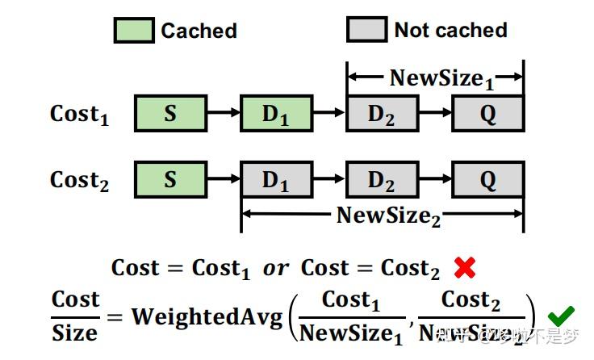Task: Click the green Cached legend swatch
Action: [x=132, y=31]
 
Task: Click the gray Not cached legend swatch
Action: [x=366, y=31]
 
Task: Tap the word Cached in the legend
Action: [x=199, y=31]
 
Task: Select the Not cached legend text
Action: [x=450, y=31]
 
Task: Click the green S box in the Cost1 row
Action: [x=170, y=114]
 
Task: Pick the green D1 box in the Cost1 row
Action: [x=276, y=114]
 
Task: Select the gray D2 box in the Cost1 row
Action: [x=382, y=114]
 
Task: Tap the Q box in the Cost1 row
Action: [x=487, y=114]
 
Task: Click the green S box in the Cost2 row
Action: [x=170, y=179]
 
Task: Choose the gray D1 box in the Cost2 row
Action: [x=276, y=179]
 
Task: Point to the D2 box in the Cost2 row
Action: [x=382, y=179]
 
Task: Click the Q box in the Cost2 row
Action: [x=487, y=179]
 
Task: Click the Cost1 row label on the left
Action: [x=79, y=115]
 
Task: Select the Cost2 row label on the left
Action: [x=79, y=180]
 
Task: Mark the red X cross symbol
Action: [x=464, y=267]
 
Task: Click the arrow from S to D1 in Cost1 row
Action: [x=223, y=114]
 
